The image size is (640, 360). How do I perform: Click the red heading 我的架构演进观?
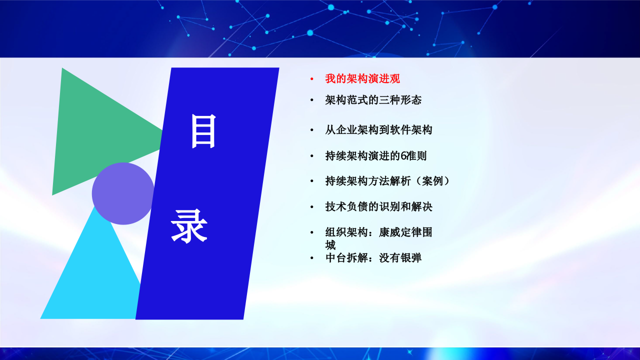pyautogui.click(x=362, y=79)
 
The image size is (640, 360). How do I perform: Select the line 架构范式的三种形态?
pyautogui.click(x=373, y=100)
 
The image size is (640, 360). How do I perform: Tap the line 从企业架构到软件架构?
pyautogui.click(x=378, y=130)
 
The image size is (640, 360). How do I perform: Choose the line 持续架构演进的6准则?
pyautogui.click(x=375, y=156)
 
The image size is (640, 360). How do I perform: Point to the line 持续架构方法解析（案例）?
pyautogui.click(x=387, y=181)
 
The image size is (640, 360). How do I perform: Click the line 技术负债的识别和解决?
pyautogui.click(x=378, y=206)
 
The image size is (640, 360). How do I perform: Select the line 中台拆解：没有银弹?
pyautogui.click(x=373, y=258)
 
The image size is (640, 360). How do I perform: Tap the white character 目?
pyautogui.click(x=203, y=131)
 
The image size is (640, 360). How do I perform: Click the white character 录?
pyautogui.click(x=189, y=226)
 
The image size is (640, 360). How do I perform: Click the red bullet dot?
pyautogui.click(x=311, y=79)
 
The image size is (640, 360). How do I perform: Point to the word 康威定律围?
pyautogui.click(x=405, y=232)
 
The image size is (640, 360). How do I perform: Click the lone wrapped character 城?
pyautogui.click(x=330, y=245)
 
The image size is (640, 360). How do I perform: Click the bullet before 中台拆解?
pyautogui.click(x=311, y=258)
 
